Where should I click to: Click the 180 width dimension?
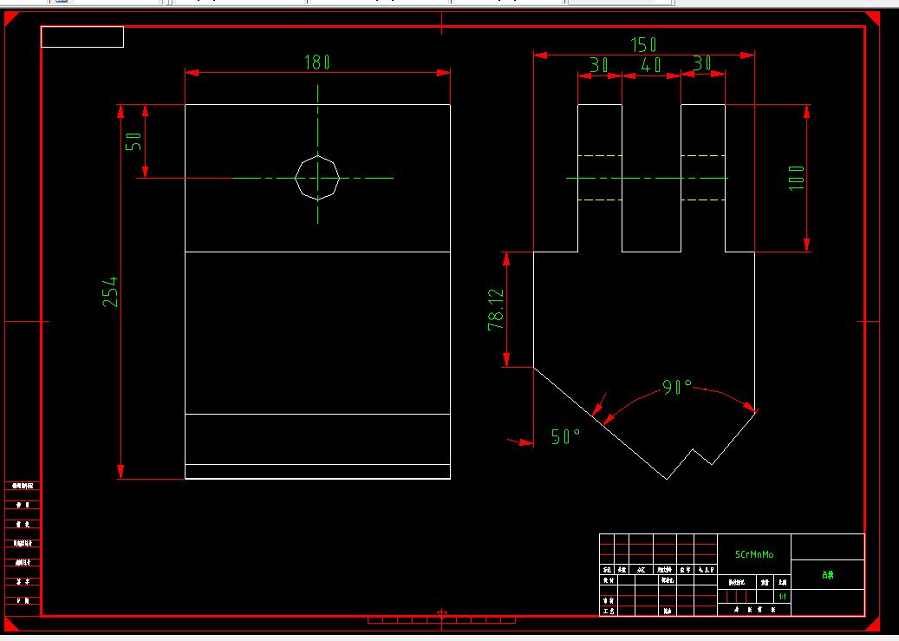(316, 62)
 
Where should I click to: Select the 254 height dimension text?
(110, 292)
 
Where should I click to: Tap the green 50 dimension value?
(134, 141)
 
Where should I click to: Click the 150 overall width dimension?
(642, 45)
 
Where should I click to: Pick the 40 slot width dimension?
(650, 65)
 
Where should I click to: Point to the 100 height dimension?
(797, 178)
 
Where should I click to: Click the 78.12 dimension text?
(496, 310)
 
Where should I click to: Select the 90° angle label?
(677, 387)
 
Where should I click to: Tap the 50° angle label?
(564, 436)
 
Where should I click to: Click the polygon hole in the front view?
(316, 178)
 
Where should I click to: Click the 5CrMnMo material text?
(754, 554)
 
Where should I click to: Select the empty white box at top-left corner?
(82, 36)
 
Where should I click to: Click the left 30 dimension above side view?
(598, 65)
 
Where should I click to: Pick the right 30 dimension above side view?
(702, 63)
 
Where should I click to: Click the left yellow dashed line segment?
(600, 200)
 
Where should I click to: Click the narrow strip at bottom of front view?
(317, 471)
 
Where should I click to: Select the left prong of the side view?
(600, 178)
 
